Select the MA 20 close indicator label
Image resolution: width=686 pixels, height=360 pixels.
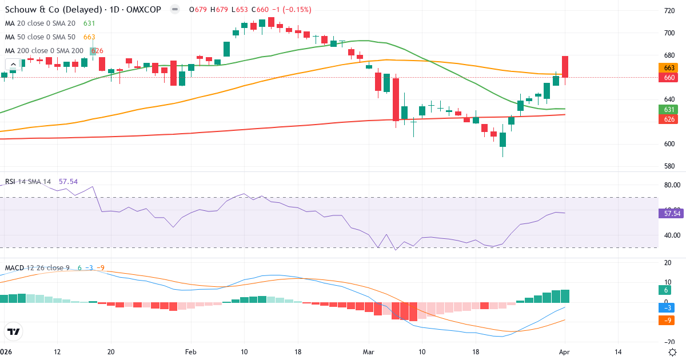point(40,23)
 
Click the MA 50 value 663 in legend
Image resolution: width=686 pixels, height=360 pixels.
point(89,37)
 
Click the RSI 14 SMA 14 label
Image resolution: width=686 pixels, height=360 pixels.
point(28,182)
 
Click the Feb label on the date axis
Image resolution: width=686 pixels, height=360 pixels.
point(191,352)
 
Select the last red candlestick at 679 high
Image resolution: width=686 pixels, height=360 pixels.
point(565,67)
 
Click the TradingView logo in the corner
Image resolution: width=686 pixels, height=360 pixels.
point(14,331)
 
